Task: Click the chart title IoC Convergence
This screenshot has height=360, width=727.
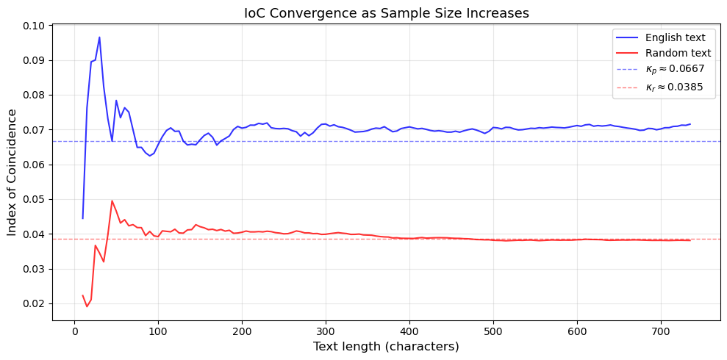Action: point(386,13)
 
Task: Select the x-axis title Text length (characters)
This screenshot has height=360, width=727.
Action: point(386,346)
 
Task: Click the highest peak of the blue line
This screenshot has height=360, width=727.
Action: point(99,37)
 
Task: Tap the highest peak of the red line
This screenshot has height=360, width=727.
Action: point(112,201)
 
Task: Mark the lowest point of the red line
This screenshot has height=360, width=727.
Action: point(87,306)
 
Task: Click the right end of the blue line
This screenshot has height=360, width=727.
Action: point(690,124)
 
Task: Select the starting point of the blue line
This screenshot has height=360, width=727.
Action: point(82,218)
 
